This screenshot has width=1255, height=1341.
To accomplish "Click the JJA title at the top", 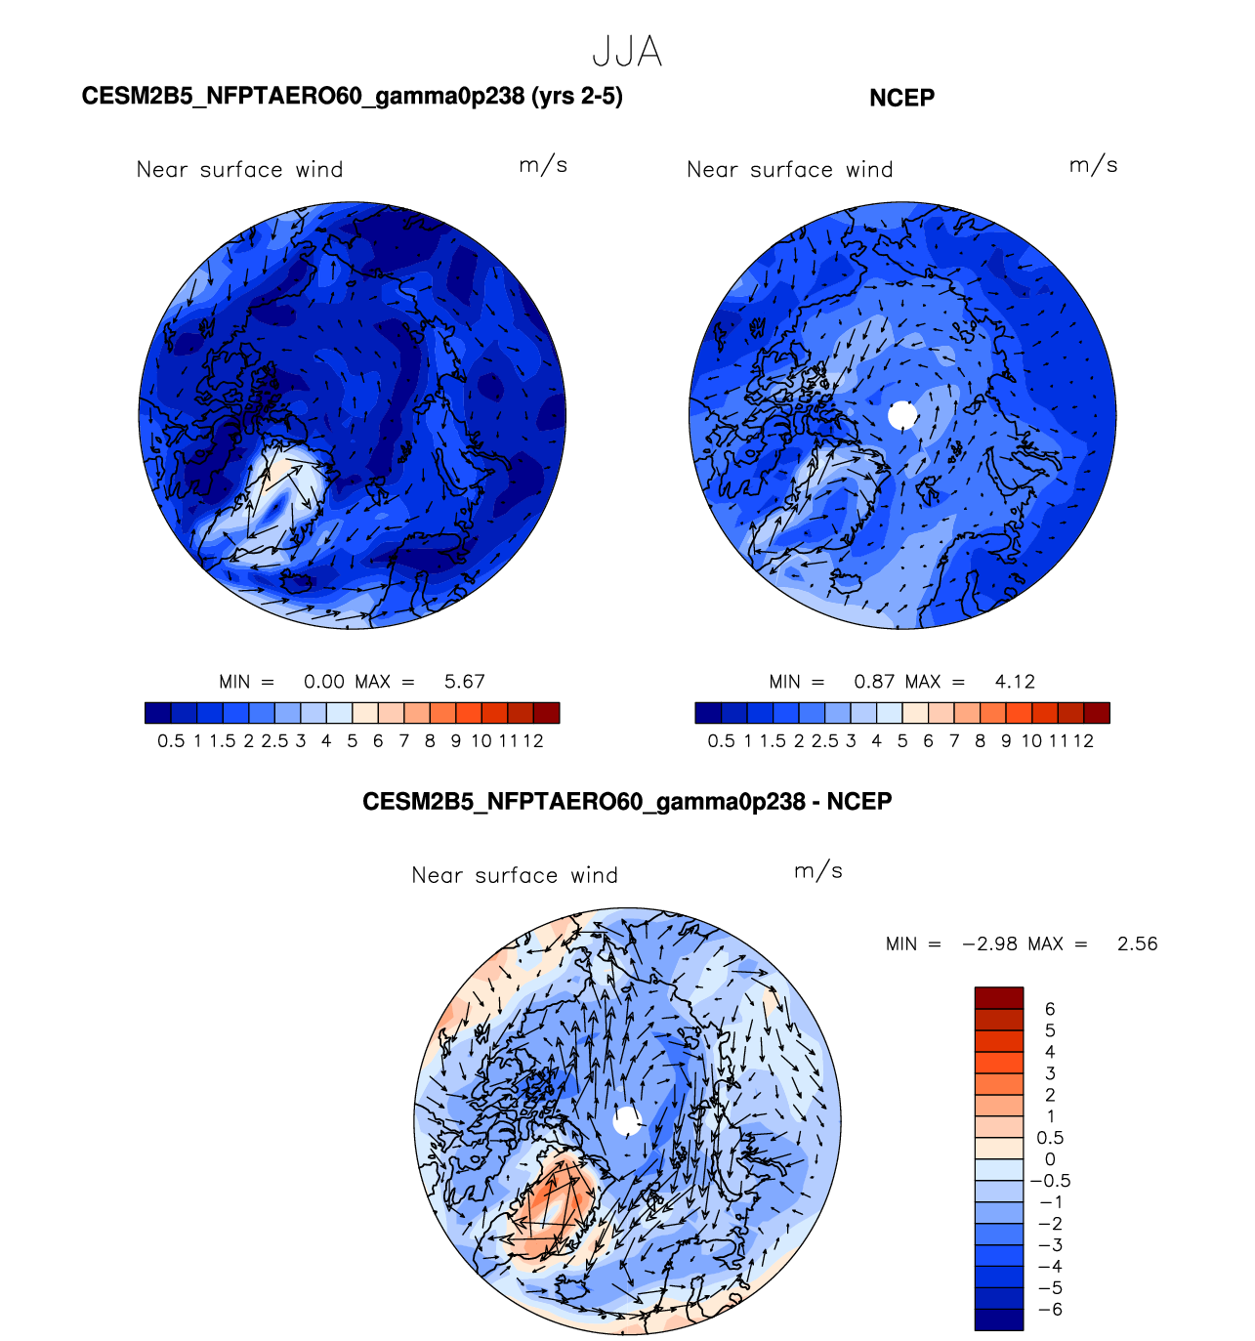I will (x=627, y=52).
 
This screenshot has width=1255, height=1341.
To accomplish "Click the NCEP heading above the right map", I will (x=901, y=98).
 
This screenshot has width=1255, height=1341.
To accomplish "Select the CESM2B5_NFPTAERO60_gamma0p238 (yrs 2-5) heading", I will (x=352, y=96).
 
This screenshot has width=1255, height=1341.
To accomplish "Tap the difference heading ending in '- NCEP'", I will (x=627, y=802).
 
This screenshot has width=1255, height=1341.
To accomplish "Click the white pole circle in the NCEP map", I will (x=902, y=415).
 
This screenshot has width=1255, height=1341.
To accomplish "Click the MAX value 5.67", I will (x=464, y=682).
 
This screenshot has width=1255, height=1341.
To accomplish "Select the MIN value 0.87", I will (x=874, y=682).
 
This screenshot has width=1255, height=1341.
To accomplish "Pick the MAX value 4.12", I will (x=1015, y=682).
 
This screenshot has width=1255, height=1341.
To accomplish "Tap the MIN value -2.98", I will (x=989, y=943).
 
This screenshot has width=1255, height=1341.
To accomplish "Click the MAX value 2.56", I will (x=1137, y=943).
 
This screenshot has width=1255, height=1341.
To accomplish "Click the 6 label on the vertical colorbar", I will (x=1050, y=1009).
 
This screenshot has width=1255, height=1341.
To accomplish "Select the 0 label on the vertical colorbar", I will (x=1050, y=1159).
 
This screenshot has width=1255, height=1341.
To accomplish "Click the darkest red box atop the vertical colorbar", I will (x=998, y=997).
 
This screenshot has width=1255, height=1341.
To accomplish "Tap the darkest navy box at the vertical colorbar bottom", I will (x=998, y=1320).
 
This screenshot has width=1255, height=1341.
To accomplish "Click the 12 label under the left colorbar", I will (x=533, y=741).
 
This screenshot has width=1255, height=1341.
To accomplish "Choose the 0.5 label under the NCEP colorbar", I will (x=721, y=741).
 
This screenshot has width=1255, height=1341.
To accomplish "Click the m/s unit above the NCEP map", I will (x=1093, y=165).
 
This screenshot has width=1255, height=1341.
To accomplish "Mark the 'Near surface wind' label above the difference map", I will (x=515, y=875).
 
